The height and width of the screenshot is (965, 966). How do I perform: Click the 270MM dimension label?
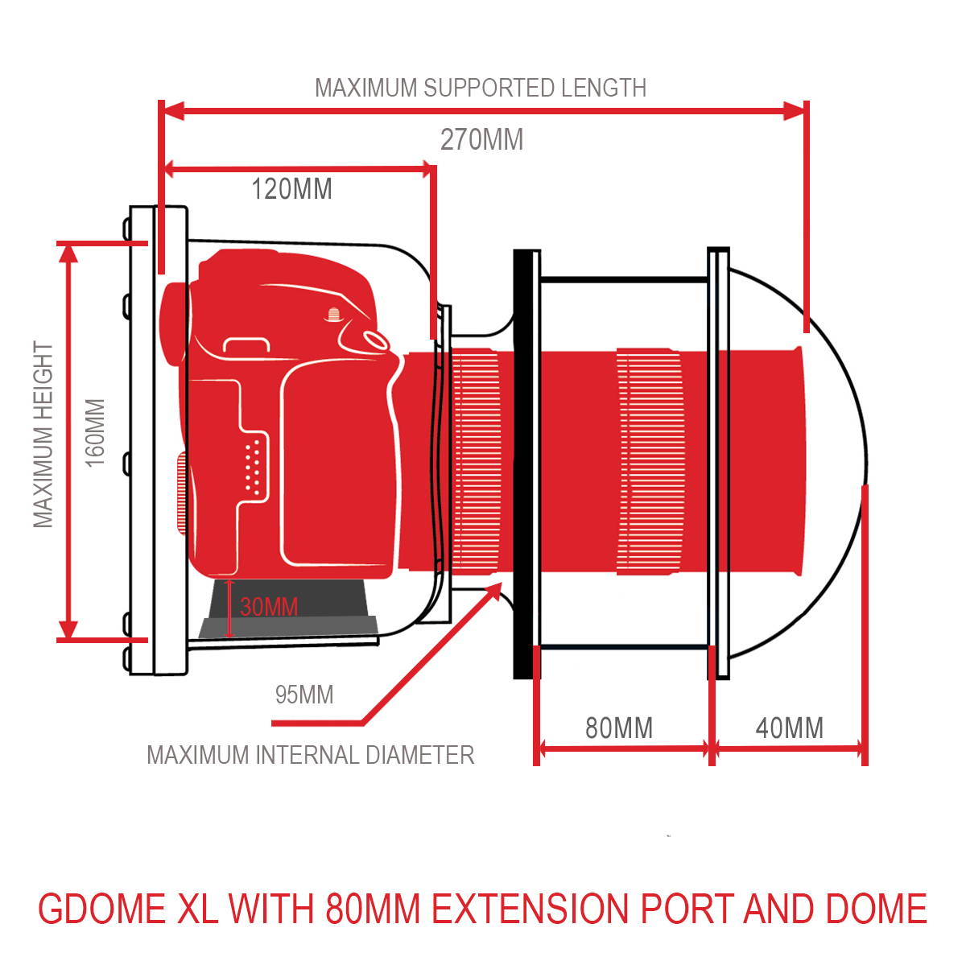[x=481, y=139]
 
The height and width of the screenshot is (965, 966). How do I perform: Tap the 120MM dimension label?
[x=291, y=189]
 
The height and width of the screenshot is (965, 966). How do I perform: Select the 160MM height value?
[x=95, y=433]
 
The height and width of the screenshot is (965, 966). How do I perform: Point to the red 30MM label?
[x=269, y=607]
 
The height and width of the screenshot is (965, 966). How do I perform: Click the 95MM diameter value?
[x=304, y=695]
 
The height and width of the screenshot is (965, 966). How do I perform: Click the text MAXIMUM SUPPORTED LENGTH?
[x=481, y=88]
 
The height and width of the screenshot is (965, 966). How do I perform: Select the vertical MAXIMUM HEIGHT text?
[x=43, y=434]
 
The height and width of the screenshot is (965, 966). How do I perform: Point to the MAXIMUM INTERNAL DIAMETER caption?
[x=310, y=755]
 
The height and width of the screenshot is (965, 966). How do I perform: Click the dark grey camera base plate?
[x=289, y=608]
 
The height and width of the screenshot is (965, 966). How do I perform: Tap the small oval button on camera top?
[x=375, y=340]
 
